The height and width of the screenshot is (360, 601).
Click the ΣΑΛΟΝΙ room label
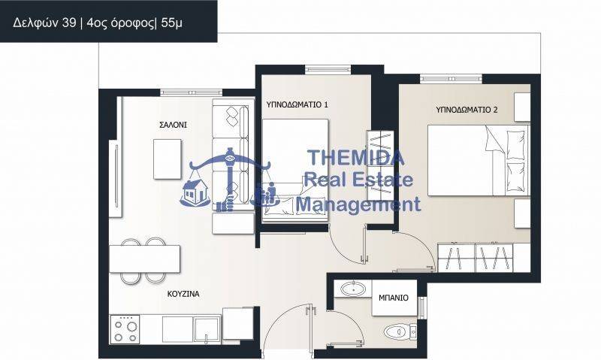(x=173, y=125)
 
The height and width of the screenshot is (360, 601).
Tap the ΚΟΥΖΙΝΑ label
(x=183, y=294)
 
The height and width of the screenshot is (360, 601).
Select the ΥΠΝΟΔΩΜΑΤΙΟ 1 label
(x=297, y=104)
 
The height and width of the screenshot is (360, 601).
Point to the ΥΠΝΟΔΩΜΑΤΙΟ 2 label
(x=467, y=110)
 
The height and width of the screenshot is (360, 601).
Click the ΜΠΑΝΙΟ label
(x=393, y=298)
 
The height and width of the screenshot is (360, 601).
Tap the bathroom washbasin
(x=353, y=289)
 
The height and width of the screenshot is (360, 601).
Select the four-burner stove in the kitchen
(x=125, y=329)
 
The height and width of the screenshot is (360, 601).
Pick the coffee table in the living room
(x=168, y=159)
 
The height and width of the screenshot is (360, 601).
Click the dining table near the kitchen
(x=144, y=259)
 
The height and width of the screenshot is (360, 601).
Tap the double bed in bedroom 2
(x=478, y=160)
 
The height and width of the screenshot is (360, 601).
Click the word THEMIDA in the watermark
(x=356, y=157)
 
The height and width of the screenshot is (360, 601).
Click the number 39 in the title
(x=69, y=23)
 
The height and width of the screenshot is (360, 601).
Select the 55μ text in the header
(x=172, y=23)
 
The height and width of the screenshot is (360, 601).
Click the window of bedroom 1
(x=328, y=69)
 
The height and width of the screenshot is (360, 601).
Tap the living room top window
(x=191, y=92)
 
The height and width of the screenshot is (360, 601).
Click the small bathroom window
(x=422, y=305)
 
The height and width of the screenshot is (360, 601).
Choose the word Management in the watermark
(x=358, y=204)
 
